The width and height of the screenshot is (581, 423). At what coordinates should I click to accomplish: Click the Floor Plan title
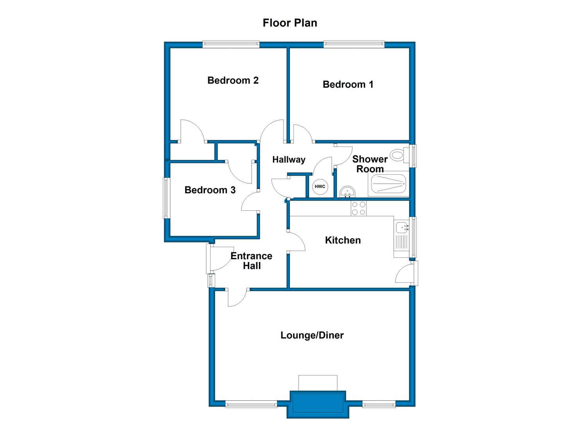tap(290, 23)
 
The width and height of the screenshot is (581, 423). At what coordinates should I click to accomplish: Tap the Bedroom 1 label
tap(348, 84)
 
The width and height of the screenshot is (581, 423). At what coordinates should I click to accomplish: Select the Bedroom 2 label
tap(233, 80)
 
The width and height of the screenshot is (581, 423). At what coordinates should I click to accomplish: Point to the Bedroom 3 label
tap(210, 190)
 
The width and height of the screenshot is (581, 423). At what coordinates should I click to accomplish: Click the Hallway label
tap(289, 159)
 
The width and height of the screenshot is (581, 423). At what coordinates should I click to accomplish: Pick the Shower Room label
tap(370, 164)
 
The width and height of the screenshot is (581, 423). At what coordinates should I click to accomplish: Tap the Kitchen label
tap(343, 240)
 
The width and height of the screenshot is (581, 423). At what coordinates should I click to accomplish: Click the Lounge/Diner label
tap(312, 335)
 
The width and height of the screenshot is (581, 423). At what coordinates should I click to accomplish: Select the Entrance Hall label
tap(251, 261)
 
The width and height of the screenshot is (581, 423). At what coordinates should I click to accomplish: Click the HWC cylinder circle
tap(320, 186)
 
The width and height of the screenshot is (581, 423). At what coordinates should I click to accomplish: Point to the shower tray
tap(388, 184)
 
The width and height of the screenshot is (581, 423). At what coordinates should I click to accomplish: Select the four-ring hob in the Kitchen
tap(359, 208)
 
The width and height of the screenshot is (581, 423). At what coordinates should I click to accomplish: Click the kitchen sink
tap(401, 228)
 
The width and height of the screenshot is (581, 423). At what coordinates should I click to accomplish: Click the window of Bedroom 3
tap(166, 198)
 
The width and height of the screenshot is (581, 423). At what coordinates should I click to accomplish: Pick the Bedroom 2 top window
tap(231, 44)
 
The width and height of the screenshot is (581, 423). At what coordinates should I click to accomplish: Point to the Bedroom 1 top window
tap(354, 44)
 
